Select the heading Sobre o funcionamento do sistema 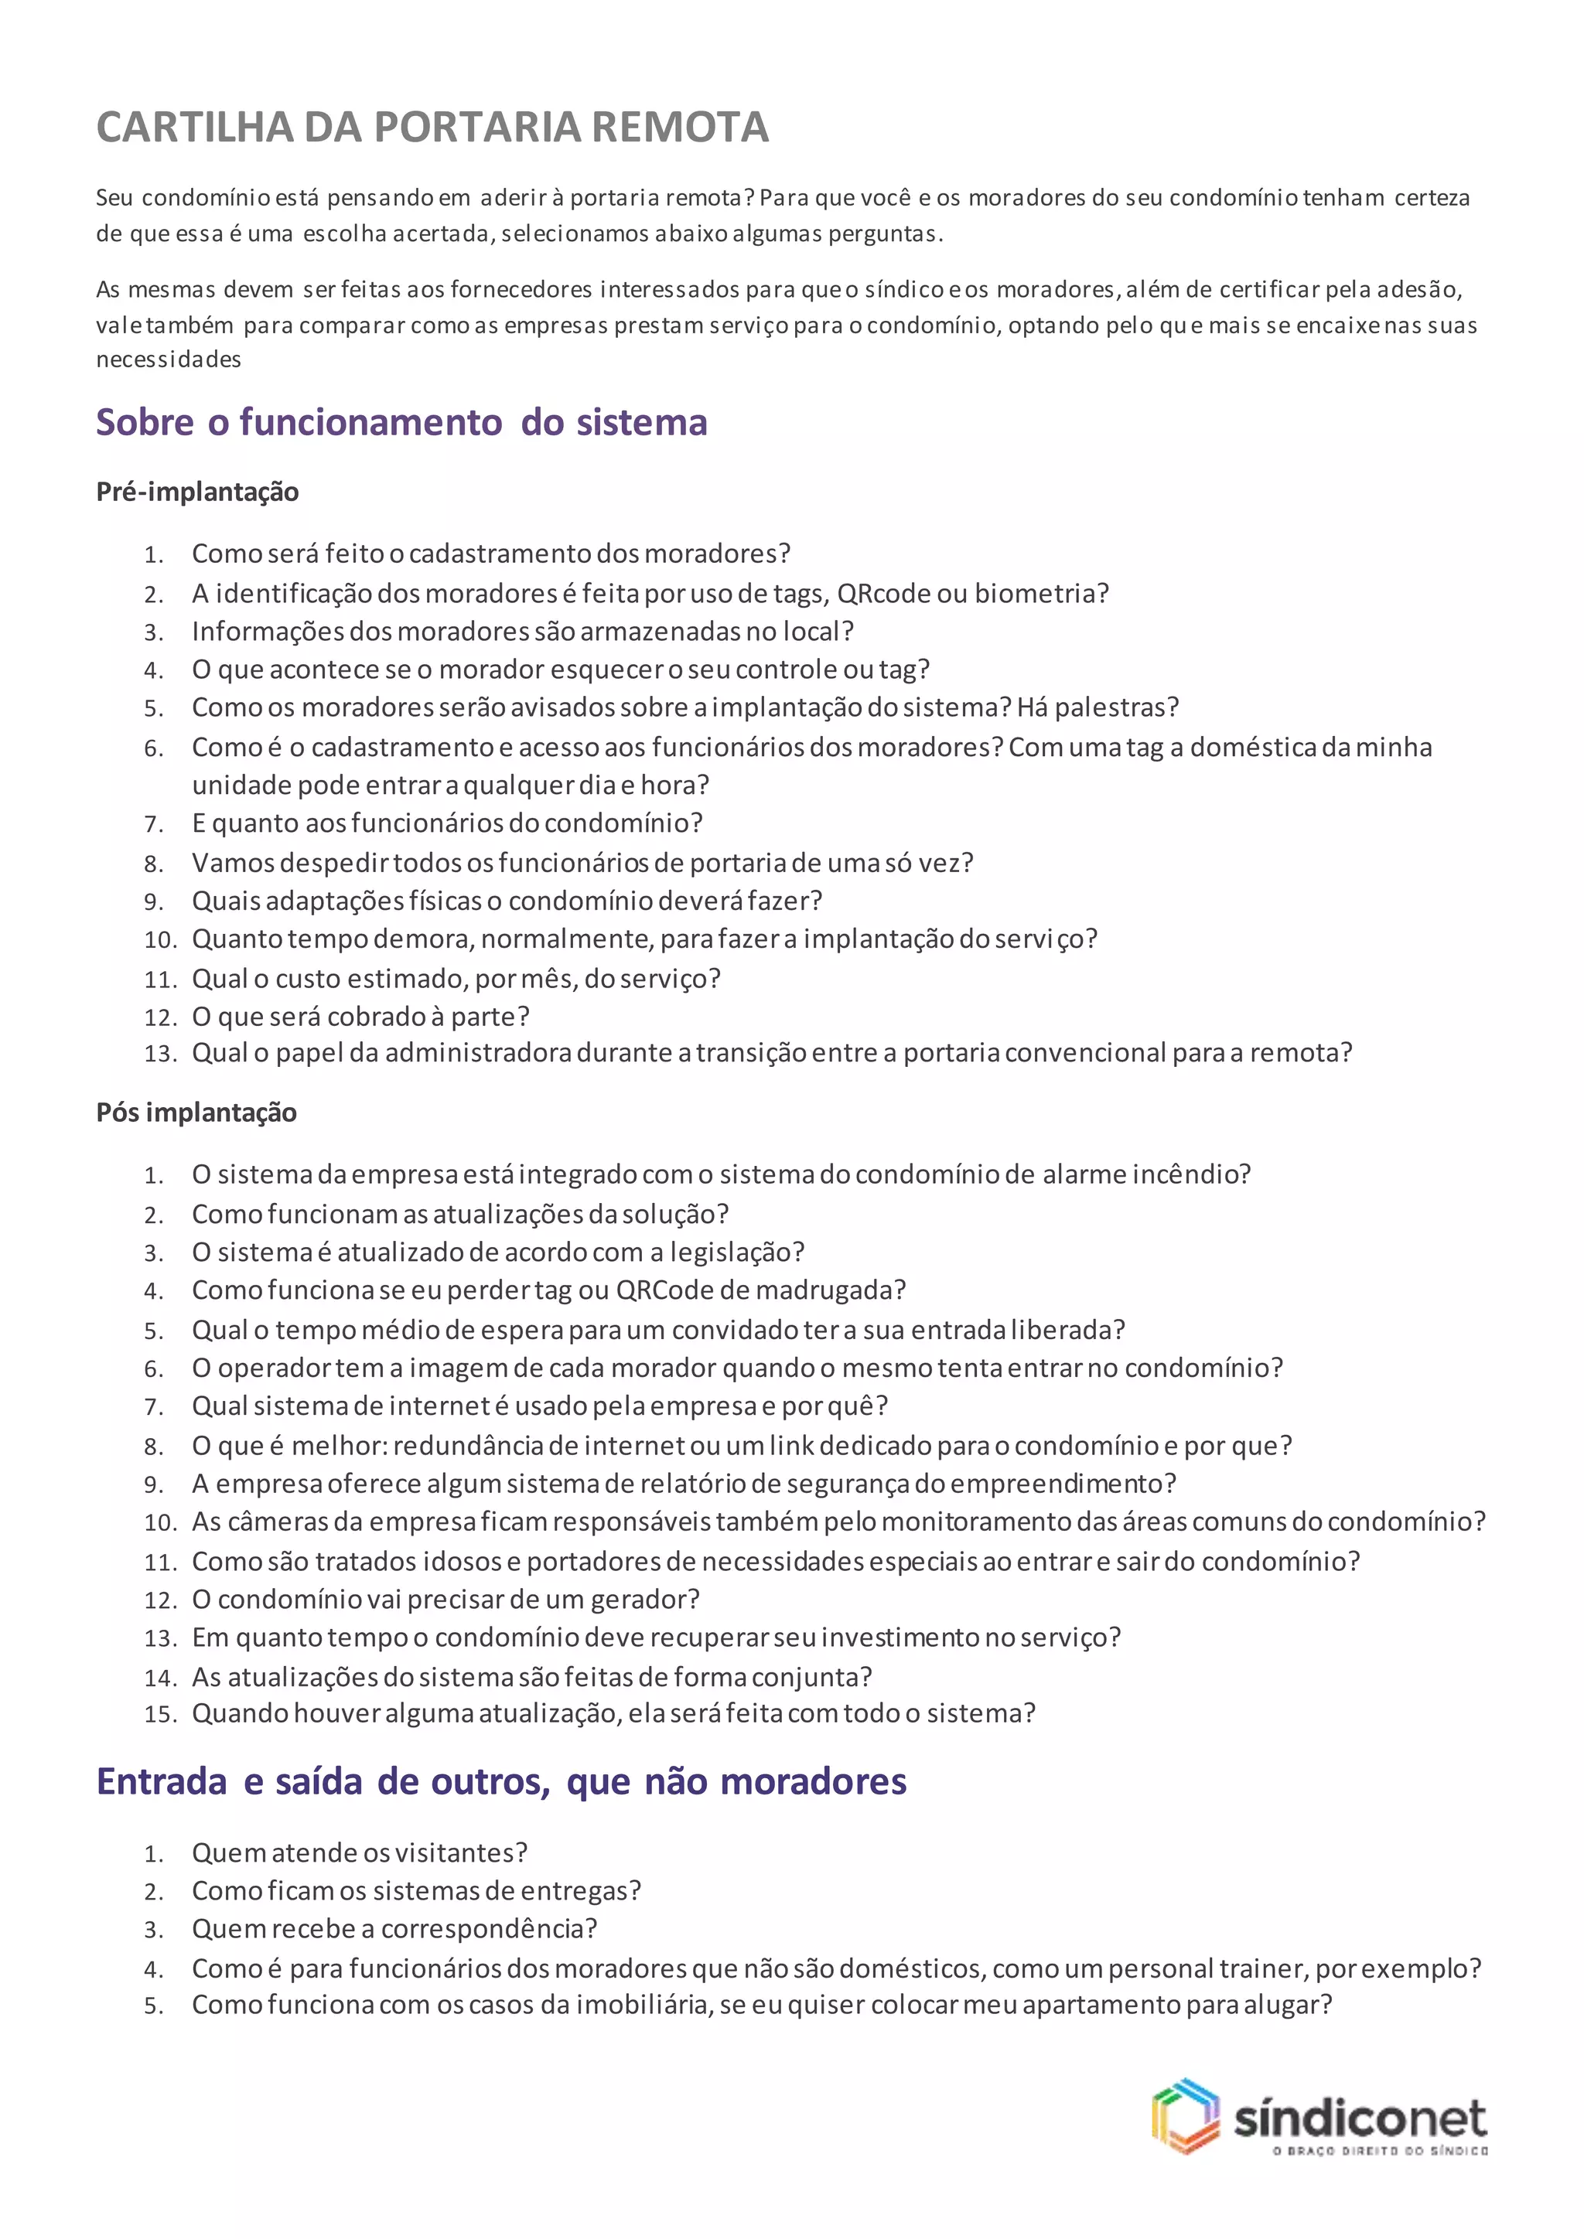(401, 422)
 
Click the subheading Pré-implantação (197, 492)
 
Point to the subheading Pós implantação (196, 1113)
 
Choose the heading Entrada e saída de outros (501, 1781)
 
